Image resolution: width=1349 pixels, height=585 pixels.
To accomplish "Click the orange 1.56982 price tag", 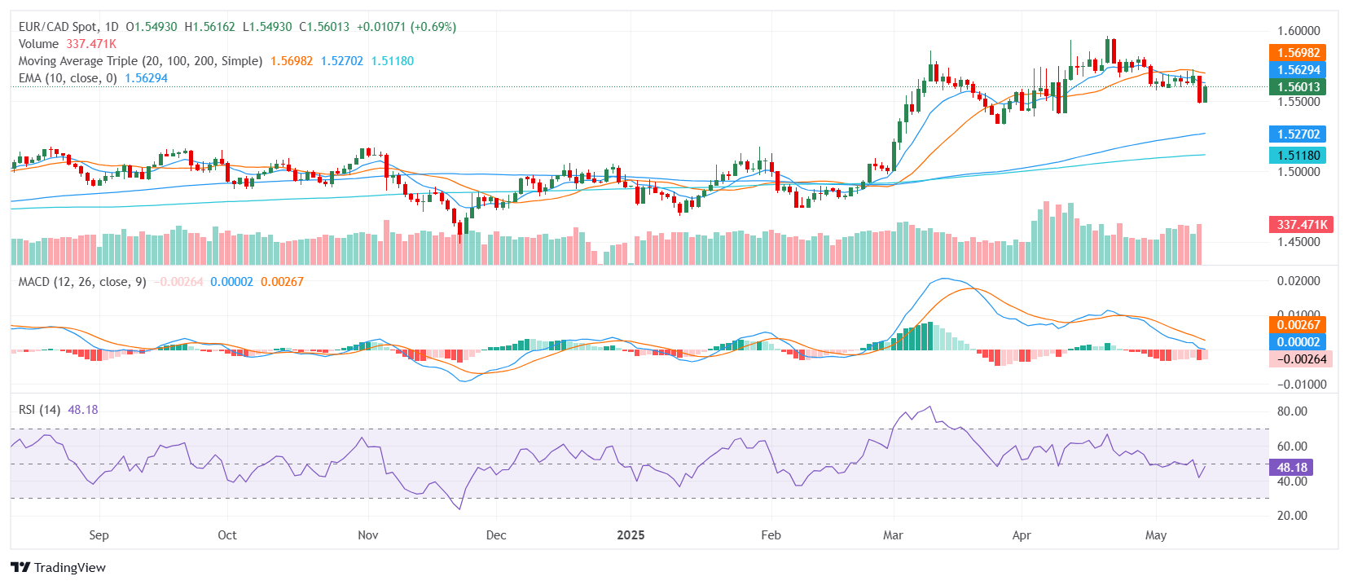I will point(1298,53).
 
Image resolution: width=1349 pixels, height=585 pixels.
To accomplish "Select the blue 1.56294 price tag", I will point(1298,70).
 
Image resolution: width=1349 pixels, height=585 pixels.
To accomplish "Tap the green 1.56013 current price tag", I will point(1298,87).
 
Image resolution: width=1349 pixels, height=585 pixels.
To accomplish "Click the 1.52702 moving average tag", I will point(1298,134).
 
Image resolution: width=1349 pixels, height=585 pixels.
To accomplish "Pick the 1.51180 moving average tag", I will point(1298,156).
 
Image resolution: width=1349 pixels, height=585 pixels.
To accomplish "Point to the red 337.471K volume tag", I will point(1301,224).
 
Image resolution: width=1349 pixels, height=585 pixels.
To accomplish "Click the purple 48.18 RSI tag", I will point(1291,468).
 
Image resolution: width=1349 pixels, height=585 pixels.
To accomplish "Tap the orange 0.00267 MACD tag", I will point(1298,325).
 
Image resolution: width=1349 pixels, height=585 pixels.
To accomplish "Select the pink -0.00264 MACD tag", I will point(1301,359).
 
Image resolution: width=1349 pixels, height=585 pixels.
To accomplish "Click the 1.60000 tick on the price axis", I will point(1298,31).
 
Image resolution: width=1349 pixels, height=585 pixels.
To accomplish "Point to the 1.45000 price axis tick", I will point(1298,242).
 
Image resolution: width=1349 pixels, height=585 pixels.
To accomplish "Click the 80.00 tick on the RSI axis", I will point(1292,411).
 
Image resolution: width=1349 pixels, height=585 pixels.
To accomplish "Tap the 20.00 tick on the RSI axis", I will point(1292,516).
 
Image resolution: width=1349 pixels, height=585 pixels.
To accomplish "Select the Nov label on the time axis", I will point(368,535).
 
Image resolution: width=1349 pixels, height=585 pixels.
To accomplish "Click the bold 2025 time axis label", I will point(631,535).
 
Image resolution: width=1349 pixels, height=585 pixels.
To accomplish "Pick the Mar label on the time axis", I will point(893,535).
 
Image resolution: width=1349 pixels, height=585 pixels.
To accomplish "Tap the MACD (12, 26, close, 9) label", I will point(82,282).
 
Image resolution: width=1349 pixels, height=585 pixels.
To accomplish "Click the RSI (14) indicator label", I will point(39,410).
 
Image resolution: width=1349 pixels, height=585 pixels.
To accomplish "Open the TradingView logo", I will point(59,568).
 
